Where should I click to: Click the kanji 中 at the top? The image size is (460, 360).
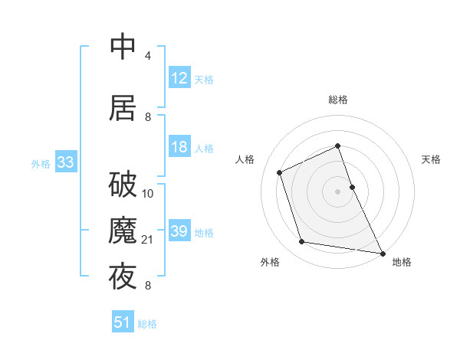tap(123, 47)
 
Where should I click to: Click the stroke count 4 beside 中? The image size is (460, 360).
tap(147, 57)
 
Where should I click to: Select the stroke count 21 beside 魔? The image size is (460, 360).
tap(149, 241)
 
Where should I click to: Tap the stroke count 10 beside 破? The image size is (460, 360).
tap(149, 194)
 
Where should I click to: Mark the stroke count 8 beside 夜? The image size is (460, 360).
tap(147, 286)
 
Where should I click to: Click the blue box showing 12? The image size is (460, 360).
tap(179, 78)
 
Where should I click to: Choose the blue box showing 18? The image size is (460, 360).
tap(179, 148)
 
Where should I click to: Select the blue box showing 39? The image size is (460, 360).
tap(179, 231)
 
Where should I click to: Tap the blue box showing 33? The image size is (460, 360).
tap(65, 162)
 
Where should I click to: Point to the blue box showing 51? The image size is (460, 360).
tap(123, 322)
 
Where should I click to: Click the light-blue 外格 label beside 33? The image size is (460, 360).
tap(41, 163)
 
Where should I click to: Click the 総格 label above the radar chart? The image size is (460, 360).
tap(338, 100)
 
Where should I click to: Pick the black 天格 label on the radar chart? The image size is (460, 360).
tap(432, 159)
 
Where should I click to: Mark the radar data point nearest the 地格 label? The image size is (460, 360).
tap(381, 252)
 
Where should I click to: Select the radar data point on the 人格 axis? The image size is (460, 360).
tap(280, 172)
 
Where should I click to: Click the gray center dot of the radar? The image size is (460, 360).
tap(337, 191)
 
